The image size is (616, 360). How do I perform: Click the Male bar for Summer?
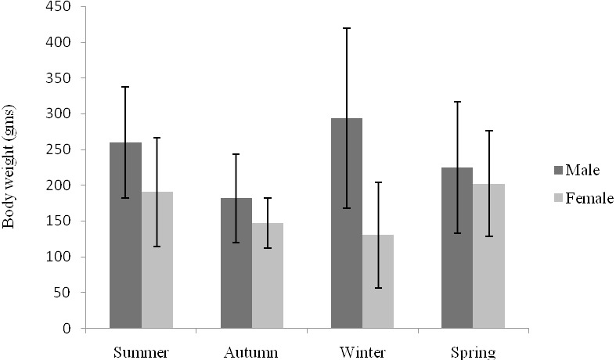(x=126, y=235)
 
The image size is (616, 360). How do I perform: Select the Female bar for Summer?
(x=157, y=260)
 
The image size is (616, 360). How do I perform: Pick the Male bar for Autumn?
(x=236, y=263)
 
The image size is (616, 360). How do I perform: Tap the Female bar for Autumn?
(x=268, y=275)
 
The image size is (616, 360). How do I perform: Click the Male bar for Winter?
(x=347, y=223)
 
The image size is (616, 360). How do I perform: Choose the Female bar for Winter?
(x=378, y=282)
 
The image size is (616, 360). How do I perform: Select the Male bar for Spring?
(x=457, y=247)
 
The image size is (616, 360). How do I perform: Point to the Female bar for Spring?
(x=488, y=256)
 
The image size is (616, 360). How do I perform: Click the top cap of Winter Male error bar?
(x=347, y=28)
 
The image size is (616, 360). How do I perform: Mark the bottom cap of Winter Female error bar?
(x=378, y=288)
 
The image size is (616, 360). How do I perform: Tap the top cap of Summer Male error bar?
(x=126, y=87)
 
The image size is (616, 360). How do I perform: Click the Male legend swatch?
(x=558, y=170)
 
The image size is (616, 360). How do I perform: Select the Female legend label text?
(x=589, y=198)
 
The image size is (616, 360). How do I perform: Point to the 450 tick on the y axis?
(x=83, y=7)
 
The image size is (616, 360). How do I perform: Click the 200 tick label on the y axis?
(x=59, y=185)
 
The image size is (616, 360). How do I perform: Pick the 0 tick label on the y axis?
(x=67, y=328)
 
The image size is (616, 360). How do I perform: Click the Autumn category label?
(x=251, y=352)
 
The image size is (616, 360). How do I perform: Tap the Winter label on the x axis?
(x=362, y=352)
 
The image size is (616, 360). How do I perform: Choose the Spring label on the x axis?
(x=473, y=352)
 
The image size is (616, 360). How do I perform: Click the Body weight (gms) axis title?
(x=9, y=166)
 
